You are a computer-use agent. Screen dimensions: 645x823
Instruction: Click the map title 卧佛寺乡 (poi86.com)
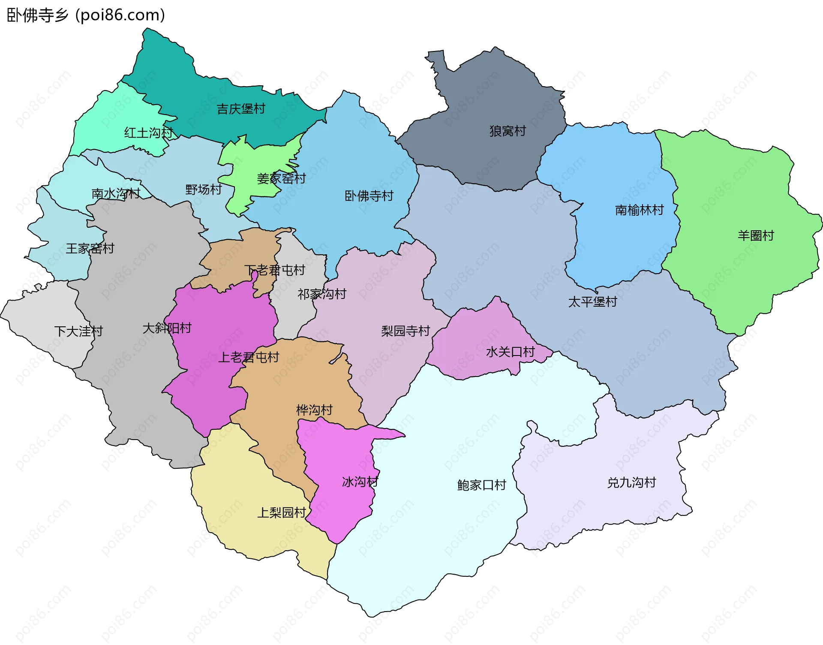click(86, 15)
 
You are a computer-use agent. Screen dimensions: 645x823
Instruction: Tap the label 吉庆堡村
click(241, 109)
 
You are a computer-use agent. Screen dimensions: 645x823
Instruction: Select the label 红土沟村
click(148, 133)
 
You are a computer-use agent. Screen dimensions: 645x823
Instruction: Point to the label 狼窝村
click(508, 131)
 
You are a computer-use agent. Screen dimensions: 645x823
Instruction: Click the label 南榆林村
click(639, 210)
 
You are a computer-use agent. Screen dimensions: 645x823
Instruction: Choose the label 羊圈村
click(756, 235)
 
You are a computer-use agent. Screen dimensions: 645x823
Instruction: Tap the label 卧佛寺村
click(369, 196)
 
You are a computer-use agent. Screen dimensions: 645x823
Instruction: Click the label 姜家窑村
click(281, 178)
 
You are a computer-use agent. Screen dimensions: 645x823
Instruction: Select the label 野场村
click(204, 190)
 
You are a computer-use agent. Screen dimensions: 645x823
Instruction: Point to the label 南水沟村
click(116, 194)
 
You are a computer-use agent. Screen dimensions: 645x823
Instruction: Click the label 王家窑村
click(90, 248)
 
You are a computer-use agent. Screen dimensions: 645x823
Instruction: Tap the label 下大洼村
click(78, 331)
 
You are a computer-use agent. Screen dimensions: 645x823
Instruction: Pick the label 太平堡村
click(592, 302)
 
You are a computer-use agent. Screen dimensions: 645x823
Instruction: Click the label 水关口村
click(511, 352)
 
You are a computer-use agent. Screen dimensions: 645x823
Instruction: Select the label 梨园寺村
click(405, 331)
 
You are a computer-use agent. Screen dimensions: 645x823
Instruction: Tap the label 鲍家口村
click(482, 485)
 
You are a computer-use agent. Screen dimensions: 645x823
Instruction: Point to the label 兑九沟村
click(631, 483)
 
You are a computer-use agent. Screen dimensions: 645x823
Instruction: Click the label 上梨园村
click(282, 512)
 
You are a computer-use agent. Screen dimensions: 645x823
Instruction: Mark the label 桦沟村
click(314, 410)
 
